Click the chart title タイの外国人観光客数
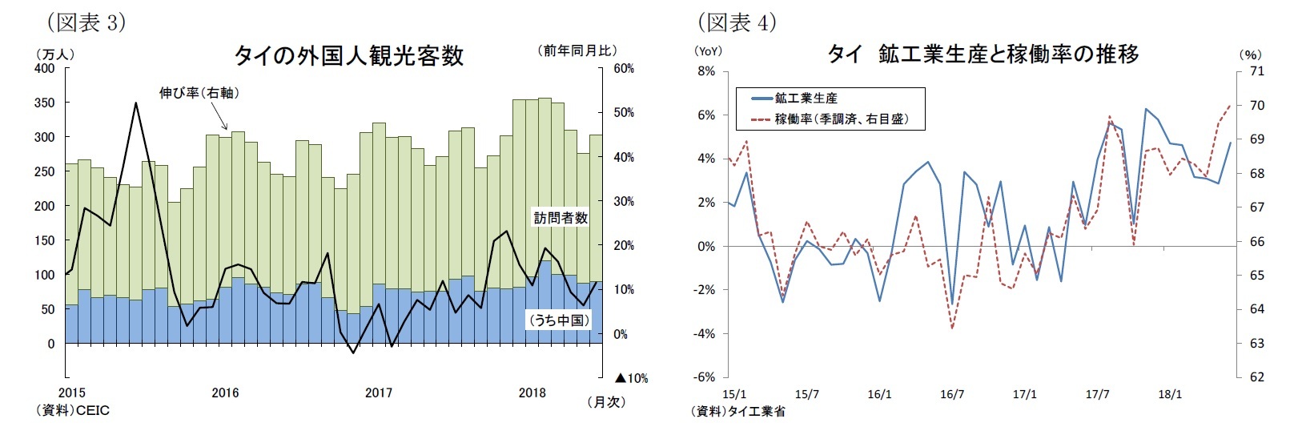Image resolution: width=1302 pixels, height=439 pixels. pyautogui.click(x=348, y=55)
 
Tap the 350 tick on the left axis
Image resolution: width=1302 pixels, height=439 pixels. pyautogui.click(x=45, y=103)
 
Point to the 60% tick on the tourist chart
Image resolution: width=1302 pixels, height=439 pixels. pyautogui.click(x=624, y=69)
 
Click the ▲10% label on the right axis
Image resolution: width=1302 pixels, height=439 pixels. pyautogui.click(x=631, y=378)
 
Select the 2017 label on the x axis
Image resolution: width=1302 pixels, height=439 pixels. pyautogui.click(x=379, y=393)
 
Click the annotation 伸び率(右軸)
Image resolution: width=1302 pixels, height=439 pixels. pyautogui.click(x=199, y=93)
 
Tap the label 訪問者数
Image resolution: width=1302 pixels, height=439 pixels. pyautogui.click(x=561, y=217)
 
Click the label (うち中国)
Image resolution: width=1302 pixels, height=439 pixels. pyautogui.click(x=559, y=320)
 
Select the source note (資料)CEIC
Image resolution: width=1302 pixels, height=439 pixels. pyautogui.click(x=72, y=410)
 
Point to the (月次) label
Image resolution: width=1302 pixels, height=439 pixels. pyautogui.click(x=605, y=402)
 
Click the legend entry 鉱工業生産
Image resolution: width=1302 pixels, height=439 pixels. pyautogui.click(x=806, y=99)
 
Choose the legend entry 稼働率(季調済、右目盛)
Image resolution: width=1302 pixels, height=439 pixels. pyautogui.click(x=840, y=119)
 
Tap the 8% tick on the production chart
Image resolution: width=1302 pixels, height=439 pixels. pyautogui.click(x=706, y=71)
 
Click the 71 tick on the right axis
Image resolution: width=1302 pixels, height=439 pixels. pyautogui.click(x=1256, y=71)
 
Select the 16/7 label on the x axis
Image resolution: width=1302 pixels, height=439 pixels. pyautogui.click(x=951, y=394)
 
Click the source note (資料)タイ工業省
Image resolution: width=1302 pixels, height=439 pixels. pyautogui.click(x=737, y=411)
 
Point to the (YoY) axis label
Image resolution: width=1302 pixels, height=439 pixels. pyautogui.click(x=708, y=50)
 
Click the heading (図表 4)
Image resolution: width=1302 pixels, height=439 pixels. pyautogui.click(x=737, y=22)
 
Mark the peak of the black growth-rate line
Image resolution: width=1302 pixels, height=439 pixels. pyautogui.click(x=136, y=103)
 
